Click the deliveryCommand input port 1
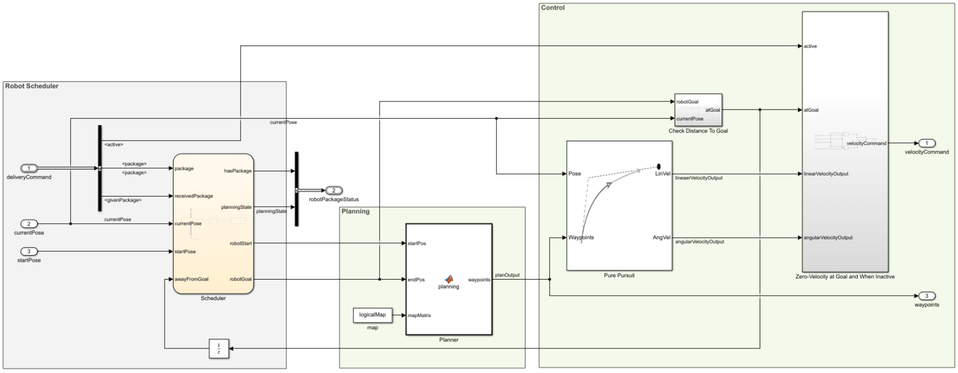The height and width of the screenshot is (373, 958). tap(29, 169)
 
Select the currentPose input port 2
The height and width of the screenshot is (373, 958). tap(29, 224)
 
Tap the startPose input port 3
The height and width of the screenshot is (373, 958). tap(29, 251)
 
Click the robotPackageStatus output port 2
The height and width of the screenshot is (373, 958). tap(333, 191)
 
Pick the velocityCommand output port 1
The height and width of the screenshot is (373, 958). tap(926, 143)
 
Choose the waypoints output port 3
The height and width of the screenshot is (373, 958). tap(926, 296)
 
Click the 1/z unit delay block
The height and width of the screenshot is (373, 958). tap(219, 349)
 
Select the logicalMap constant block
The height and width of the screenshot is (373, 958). tap(372, 315)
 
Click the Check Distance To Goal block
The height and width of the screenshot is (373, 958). tap(698, 110)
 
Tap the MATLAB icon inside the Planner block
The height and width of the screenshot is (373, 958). tap(449, 279)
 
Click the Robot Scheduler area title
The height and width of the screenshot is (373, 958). tap(32, 86)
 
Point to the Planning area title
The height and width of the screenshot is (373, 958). tap(355, 211)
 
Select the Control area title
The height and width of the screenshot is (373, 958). tap(553, 8)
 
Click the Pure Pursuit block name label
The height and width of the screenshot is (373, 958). tap(619, 275)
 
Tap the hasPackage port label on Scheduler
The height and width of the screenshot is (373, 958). tap(237, 171)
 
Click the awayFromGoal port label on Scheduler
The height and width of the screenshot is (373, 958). tap(191, 279)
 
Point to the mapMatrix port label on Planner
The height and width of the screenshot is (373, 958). tap(419, 316)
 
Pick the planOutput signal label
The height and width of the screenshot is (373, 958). tap(507, 275)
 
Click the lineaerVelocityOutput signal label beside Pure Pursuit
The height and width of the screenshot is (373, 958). tap(699, 178)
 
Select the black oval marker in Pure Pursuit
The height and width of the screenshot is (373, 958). tap(658, 166)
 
